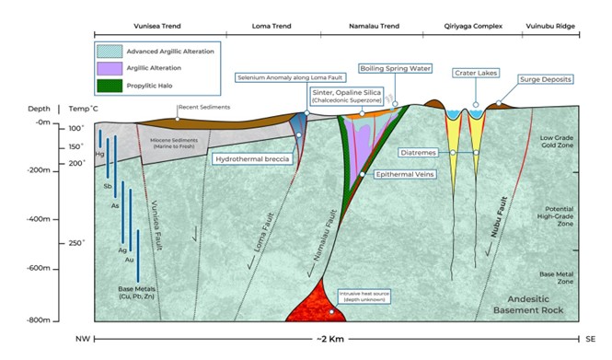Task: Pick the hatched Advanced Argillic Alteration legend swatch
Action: pyautogui.click(x=110, y=52)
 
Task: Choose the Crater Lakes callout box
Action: pyautogui.click(x=475, y=73)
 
